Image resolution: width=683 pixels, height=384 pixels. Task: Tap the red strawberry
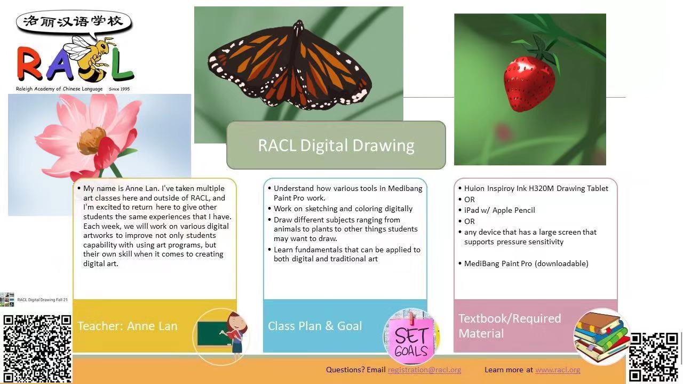(x=529, y=83)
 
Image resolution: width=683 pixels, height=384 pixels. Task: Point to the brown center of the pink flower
(x=91, y=141)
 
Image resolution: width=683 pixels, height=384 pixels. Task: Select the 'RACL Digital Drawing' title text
(x=336, y=145)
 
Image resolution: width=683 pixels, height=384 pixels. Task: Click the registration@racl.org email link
(x=424, y=370)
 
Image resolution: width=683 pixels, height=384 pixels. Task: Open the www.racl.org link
(x=558, y=370)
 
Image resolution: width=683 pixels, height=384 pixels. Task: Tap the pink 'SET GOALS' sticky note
(x=411, y=339)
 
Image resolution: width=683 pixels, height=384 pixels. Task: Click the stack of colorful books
(x=601, y=337)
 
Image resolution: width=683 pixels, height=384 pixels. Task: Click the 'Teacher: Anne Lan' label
(x=128, y=326)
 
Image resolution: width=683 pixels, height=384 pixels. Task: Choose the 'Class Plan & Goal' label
(x=315, y=326)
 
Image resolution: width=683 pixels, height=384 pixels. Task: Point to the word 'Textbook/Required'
(x=510, y=318)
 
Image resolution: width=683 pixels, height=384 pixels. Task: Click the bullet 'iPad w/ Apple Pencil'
(x=499, y=210)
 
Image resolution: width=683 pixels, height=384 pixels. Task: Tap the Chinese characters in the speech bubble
(x=73, y=21)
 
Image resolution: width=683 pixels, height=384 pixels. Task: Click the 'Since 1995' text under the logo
(x=119, y=89)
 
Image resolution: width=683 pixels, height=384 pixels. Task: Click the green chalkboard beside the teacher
(x=212, y=334)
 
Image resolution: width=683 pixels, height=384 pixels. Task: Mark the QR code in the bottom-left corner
(x=37, y=348)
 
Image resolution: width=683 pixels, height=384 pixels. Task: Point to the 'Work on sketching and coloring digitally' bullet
(x=343, y=209)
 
